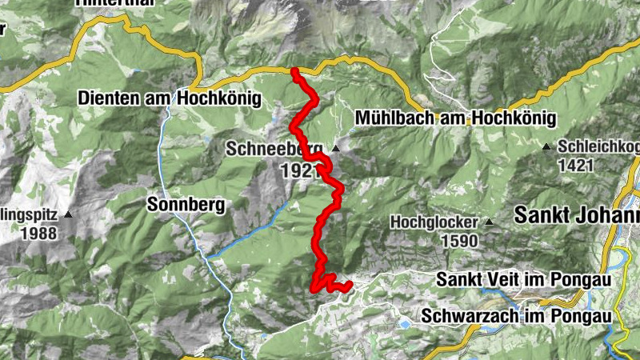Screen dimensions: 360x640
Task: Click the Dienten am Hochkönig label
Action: tap(170, 98)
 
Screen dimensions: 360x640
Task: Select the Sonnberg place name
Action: tap(186, 205)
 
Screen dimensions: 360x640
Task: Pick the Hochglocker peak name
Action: tap(434, 222)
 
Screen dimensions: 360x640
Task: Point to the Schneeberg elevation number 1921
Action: tap(298, 170)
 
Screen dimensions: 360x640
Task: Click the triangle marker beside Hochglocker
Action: tap(488, 222)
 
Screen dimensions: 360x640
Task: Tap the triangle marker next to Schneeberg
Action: tap(336, 149)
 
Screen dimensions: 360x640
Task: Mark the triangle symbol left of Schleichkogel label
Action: tap(546, 146)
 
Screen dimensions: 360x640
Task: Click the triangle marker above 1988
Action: tap(70, 214)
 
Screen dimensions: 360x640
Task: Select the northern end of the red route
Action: tap(294, 72)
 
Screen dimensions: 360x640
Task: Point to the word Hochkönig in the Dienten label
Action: tap(223, 98)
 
